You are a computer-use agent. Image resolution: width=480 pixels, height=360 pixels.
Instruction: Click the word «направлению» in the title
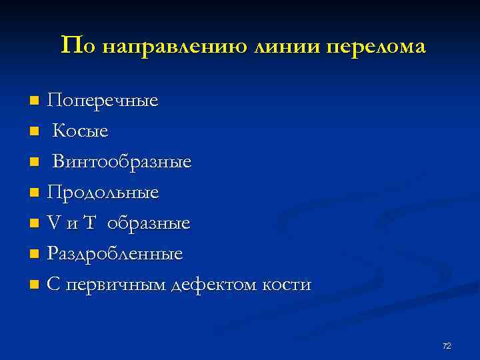point(175,46)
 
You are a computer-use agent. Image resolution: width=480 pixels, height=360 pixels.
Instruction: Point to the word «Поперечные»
point(103,101)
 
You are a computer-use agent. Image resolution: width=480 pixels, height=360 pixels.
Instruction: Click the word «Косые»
point(81,132)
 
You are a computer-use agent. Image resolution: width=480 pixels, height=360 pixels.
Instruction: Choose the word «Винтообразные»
point(122,162)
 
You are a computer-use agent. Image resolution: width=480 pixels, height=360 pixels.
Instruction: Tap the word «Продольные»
point(103,193)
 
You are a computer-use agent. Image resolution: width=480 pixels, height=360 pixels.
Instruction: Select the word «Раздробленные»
point(115,254)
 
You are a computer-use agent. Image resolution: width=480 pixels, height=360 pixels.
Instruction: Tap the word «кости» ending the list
point(289,285)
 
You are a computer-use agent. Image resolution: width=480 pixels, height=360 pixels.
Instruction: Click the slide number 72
point(447,345)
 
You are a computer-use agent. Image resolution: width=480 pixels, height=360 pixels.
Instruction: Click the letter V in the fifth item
point(53,223)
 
